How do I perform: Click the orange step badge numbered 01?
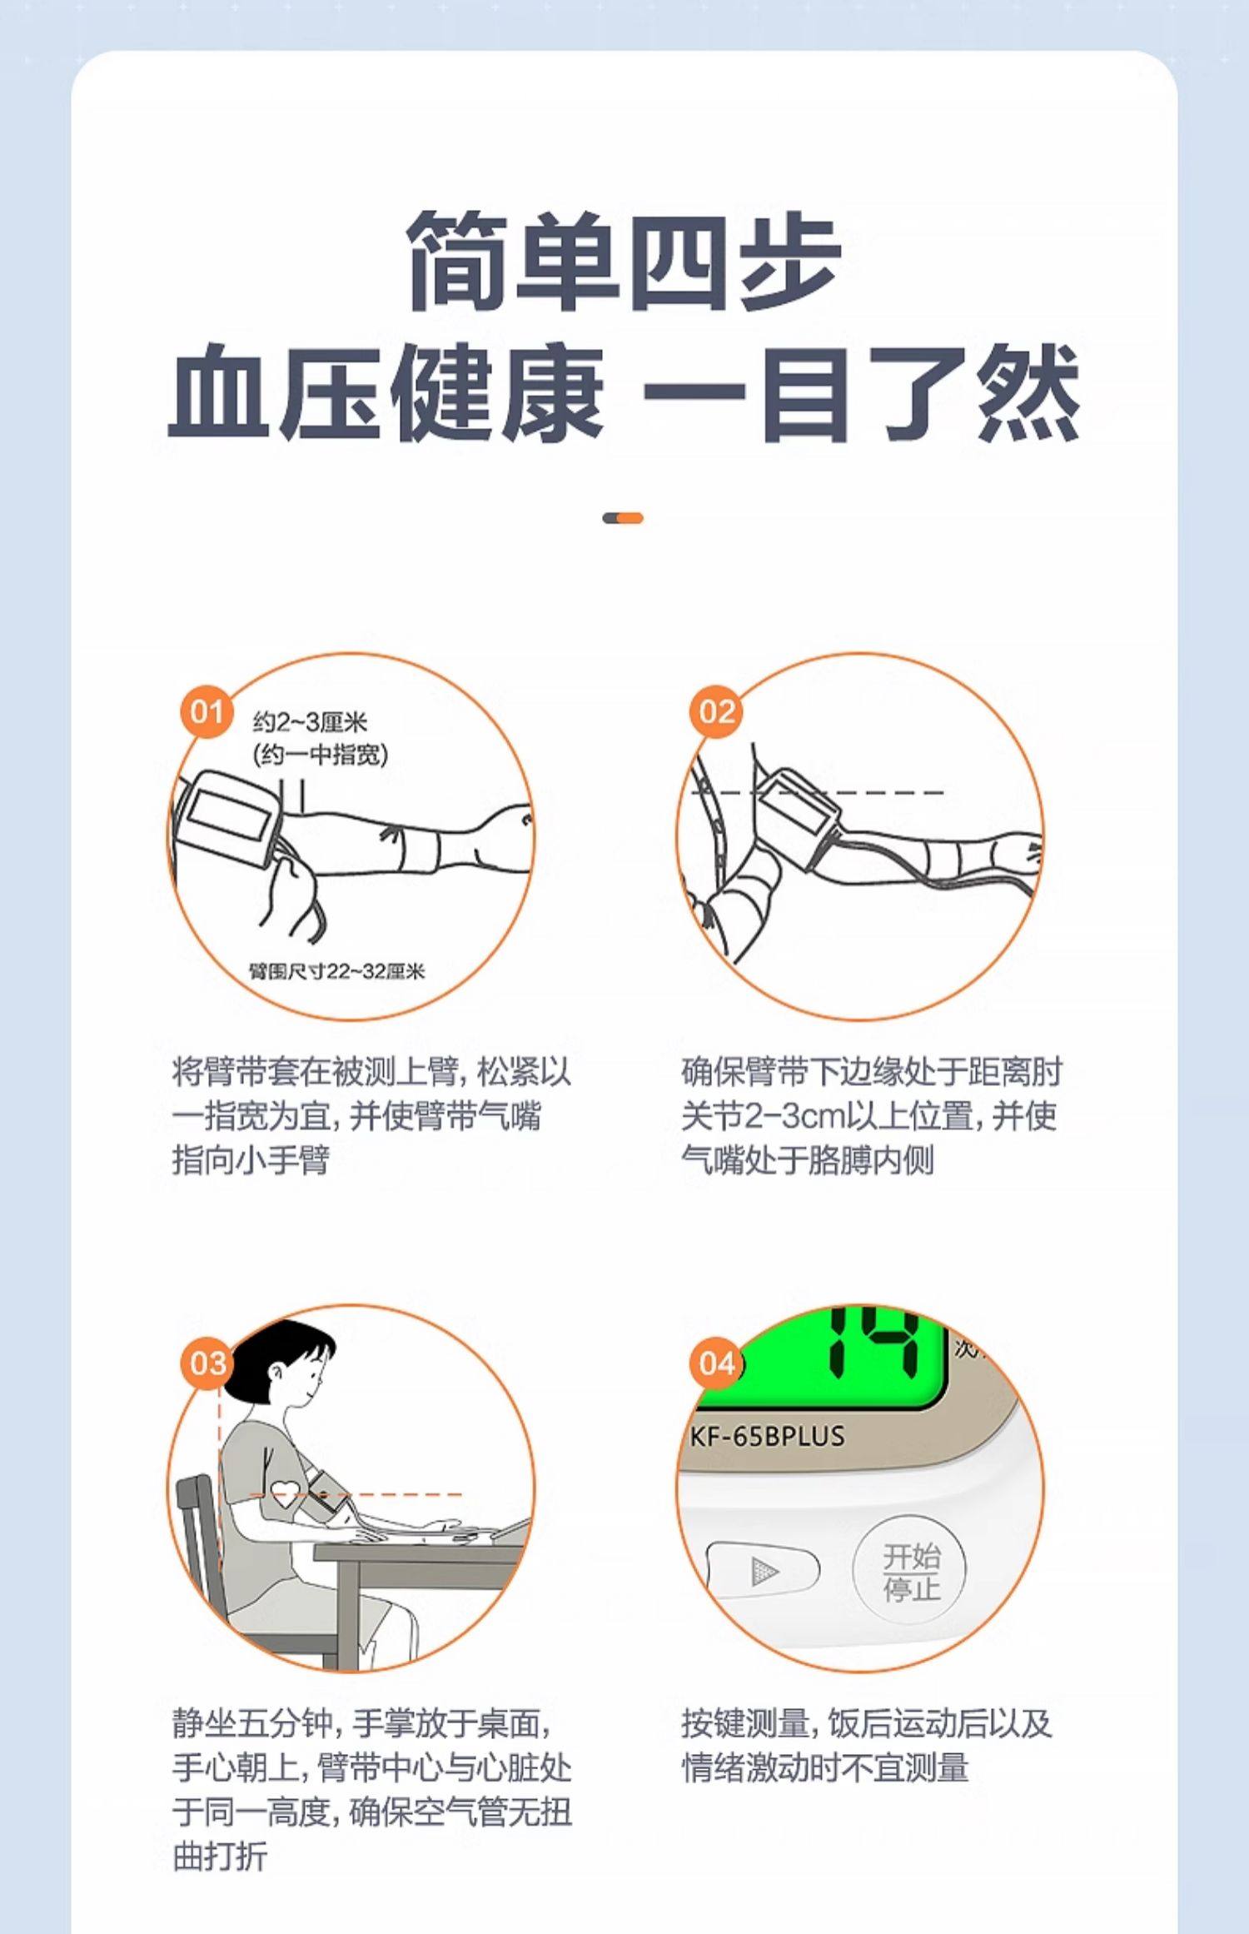tap(207, 712)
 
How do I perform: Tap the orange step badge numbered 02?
tap(716, 712)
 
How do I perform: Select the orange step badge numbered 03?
tap(207, 1363)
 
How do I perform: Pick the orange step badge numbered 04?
tap(716, 1363)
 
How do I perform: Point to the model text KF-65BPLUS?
tap(767, 1436)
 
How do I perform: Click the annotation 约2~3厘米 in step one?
tap(310, 722)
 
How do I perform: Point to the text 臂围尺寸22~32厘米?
tap(337, 971)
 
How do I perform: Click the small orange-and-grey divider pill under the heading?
tap(623, 518)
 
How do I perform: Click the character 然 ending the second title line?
tap(1028, 393)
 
